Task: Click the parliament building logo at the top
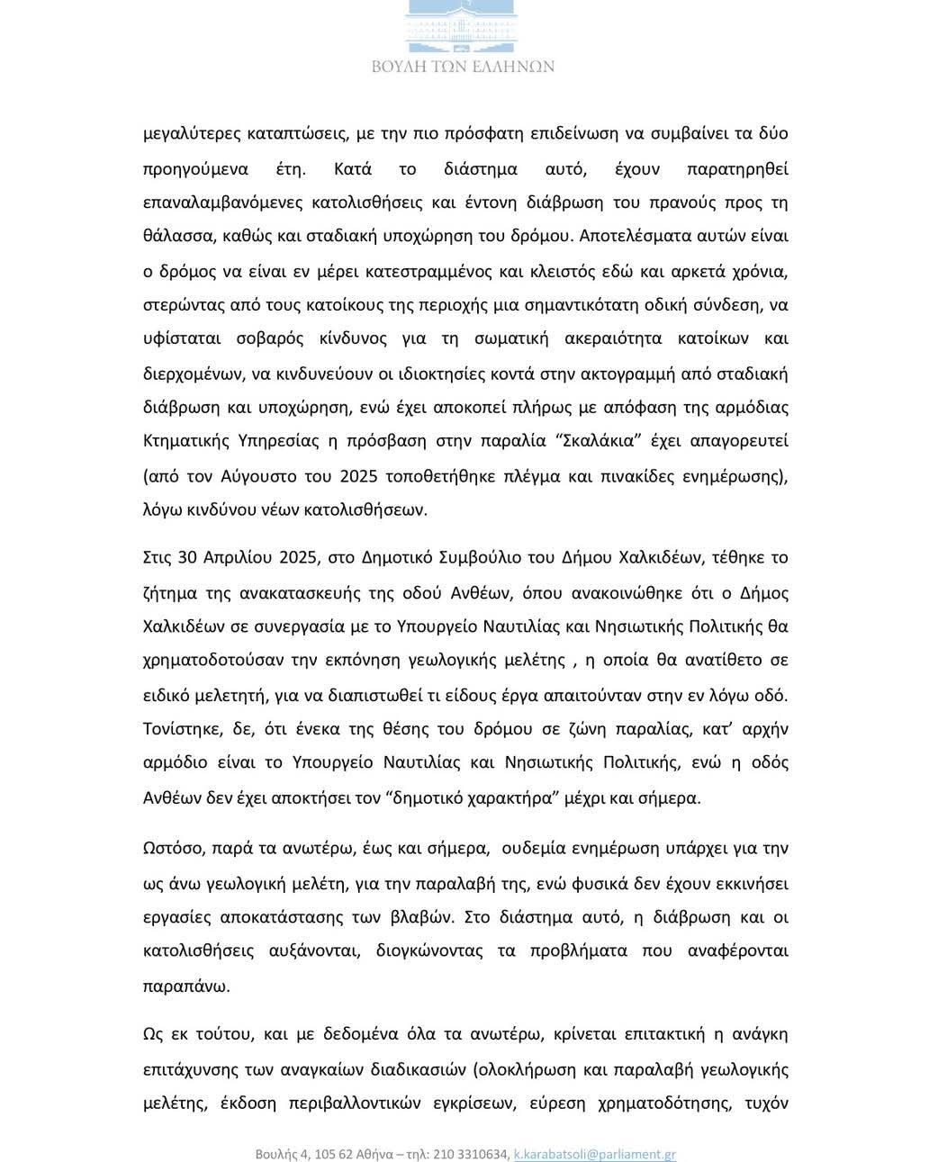coord(463,25)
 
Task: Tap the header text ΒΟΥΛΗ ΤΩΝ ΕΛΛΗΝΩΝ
coord(463,67)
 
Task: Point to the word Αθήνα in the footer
coord(368,1154)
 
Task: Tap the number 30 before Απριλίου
coord(187,556)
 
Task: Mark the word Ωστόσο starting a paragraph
coord(171,847)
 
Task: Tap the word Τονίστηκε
coord(179,728)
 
